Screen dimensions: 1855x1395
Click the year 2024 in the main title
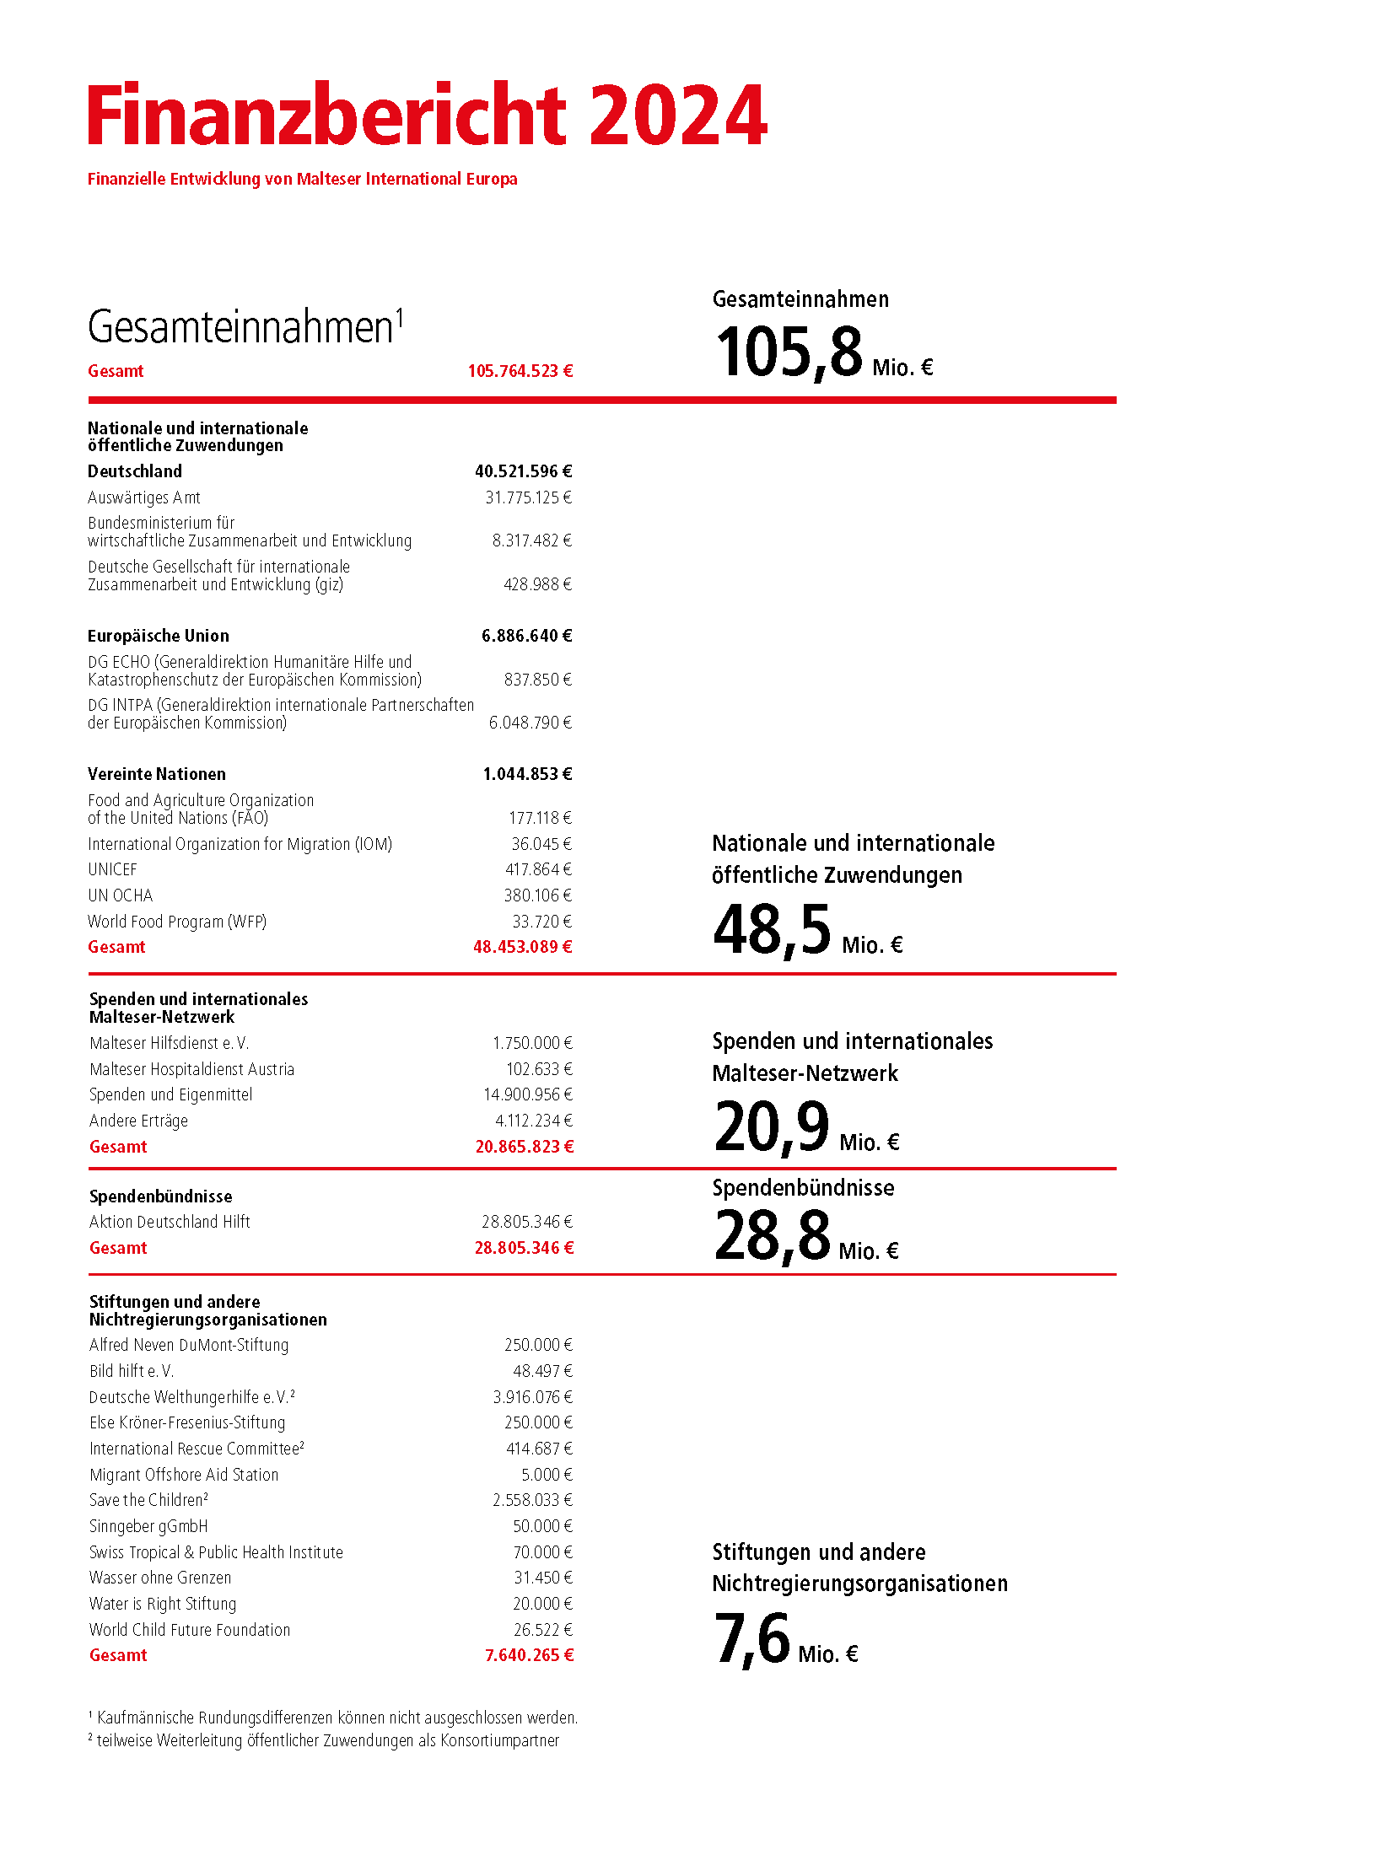(677, 115)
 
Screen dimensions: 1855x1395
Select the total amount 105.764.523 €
(520, 371)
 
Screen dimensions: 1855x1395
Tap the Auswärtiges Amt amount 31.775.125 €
(528, 497)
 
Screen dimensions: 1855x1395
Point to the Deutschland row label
(135, 471)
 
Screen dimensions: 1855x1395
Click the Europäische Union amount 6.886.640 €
(526, 636)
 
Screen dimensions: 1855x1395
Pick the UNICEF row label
(112, 869)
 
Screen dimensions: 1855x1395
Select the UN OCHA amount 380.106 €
(537, 895)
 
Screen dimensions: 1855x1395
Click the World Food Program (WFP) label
(177, 922)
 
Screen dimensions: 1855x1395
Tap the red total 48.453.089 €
(522, 947)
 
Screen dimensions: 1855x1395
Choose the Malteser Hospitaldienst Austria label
(191, 1069)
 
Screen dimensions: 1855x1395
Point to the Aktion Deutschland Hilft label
(170, 1222)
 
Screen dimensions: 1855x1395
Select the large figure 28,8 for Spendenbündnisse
(773, 1236)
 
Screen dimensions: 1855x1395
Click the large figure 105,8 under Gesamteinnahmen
(789, 352)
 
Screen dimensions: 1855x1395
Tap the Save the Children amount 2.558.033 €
(532, 1500)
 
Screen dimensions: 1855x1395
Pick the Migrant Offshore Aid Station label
(184, 1475)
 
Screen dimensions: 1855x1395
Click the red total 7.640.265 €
(529, 1655)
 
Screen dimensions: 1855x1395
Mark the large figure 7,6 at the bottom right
(751, 1639)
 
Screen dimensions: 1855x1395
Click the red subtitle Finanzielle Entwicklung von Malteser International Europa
(302, 179)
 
